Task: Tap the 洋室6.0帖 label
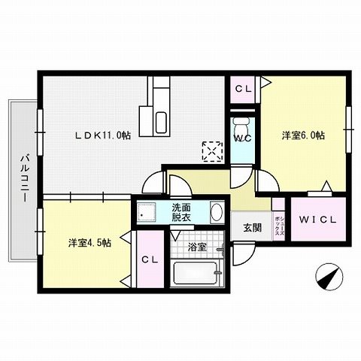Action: (303, 135)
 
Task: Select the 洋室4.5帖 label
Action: (89, 242)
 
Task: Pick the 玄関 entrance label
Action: (252, 226)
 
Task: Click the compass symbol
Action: (325, 276)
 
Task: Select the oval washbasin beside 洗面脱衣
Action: (216, 212)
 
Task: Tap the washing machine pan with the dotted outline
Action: (149, 214)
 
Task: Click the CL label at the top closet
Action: (242, 89)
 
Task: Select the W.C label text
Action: (242, 138)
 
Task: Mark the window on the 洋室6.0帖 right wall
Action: (348, 120)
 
